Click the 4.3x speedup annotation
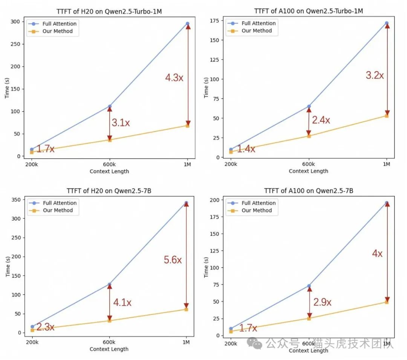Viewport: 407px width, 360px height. click(174, 78)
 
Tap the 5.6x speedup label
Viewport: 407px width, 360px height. click(173, 260)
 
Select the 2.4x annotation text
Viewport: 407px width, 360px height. click(321, 120)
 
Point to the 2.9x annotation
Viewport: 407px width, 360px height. click(323, 302)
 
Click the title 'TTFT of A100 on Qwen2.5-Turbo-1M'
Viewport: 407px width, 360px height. click(308, 11)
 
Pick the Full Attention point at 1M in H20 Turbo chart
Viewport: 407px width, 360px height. click(188, 23)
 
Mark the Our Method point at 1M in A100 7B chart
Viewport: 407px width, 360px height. click(387, 302)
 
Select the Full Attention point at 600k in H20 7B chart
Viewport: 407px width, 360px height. click(109, 284)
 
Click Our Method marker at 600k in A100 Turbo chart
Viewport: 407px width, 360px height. click(309, 136)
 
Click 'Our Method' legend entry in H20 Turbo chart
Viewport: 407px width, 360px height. click(57, 31)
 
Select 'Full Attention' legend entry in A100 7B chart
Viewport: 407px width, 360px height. click(259, 203)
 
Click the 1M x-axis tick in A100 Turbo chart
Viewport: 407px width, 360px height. click(387, 164)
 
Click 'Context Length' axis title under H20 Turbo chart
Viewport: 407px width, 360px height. click(109, 172)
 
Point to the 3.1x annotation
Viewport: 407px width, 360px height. click(121, 123)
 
